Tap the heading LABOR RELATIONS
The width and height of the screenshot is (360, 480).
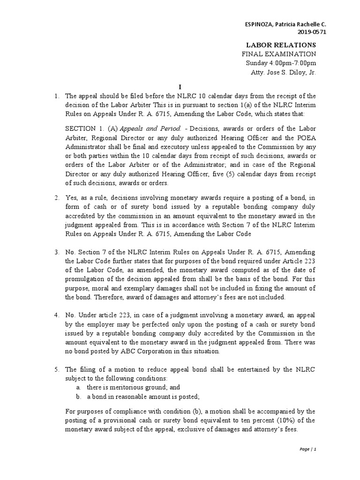(x=281, y=45)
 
